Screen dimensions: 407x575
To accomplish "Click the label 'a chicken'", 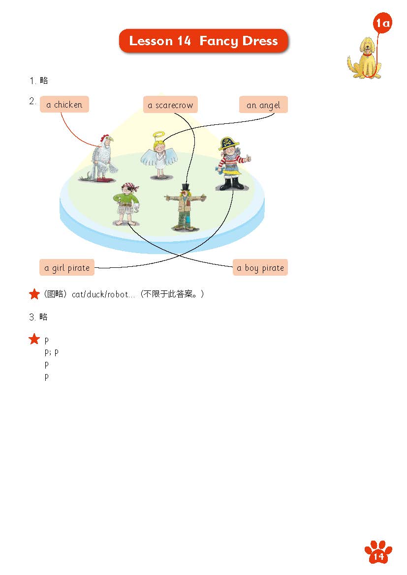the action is [64, 105].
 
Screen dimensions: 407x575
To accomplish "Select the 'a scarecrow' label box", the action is [170, 105].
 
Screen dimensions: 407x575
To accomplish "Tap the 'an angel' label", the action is [263, 105].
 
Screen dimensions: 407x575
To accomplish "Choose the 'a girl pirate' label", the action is [67, 268].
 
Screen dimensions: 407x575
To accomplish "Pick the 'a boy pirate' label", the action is [260, 268].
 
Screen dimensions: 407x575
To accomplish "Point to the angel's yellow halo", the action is [159, 135].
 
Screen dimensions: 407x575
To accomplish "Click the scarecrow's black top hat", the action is [186, 187].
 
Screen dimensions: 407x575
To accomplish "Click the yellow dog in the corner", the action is [365, 58].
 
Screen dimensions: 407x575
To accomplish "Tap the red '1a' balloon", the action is [382, 23].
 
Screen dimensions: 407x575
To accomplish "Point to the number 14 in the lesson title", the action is [184, 41].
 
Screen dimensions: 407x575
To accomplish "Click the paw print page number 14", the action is [378, 552].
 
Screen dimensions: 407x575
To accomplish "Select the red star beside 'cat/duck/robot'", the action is [34, 294].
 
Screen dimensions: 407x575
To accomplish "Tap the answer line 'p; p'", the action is [51, 352].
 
